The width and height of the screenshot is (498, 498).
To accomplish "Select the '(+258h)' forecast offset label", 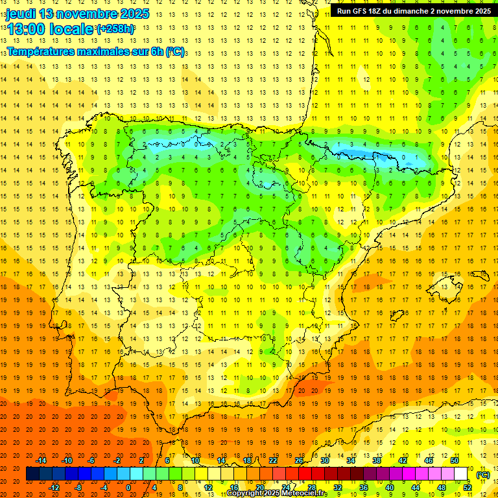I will pos(115,29).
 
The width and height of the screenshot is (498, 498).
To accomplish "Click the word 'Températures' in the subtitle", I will pos(40,51).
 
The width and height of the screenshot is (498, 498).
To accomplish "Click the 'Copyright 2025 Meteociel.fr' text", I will pos(277,493).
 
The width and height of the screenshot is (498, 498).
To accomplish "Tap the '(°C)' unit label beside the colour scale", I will pos(483,475).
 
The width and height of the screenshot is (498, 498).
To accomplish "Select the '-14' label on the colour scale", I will pos(41,460).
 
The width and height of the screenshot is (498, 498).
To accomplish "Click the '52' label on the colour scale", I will pos(468,488).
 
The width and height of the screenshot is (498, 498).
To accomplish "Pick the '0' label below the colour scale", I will pos(128,488).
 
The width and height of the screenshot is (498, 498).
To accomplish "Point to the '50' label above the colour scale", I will pos(455,460).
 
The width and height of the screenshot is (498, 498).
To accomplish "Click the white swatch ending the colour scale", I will pos(461,474).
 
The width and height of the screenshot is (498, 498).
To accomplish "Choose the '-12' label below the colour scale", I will pos(54,488).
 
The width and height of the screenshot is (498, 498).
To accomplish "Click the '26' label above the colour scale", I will pos(299,460).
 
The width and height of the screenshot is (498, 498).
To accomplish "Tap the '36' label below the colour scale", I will pos(364,488).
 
